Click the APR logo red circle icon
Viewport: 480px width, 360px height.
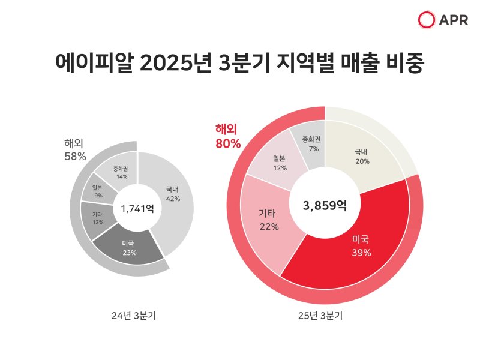tap(427, 20)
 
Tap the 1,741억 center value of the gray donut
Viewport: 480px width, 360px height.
tap(137, 209)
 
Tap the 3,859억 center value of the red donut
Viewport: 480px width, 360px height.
tap(325, 206)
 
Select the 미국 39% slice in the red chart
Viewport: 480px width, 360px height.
tap(360, 246)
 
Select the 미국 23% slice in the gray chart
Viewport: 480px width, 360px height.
tap(128, 247)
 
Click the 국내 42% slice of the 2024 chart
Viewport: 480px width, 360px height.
tap(173, 195)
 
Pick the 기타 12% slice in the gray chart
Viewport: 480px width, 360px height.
tap(97, 218)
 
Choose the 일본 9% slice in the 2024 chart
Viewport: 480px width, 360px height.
tap(98, 191)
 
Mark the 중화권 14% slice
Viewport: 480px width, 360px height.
tap(122, 172)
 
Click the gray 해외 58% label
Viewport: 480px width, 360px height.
tap(76, 150)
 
